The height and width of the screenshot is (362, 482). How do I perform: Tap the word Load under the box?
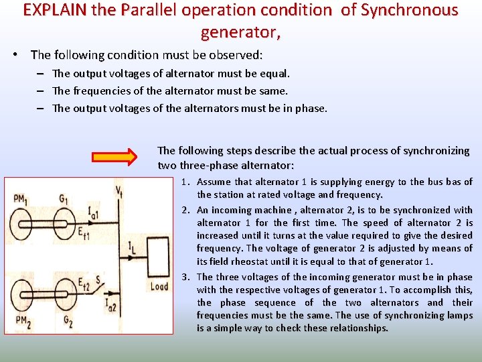(159, 287)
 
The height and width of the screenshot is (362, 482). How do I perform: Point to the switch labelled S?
(100, 280)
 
